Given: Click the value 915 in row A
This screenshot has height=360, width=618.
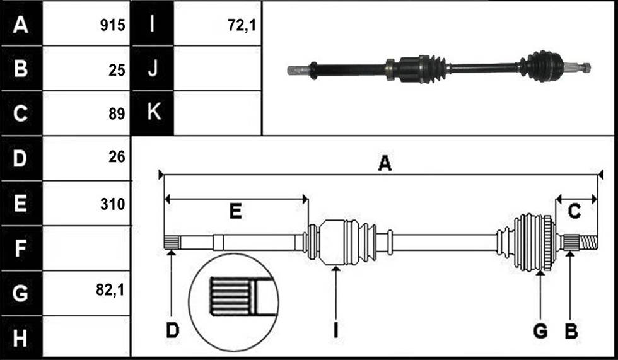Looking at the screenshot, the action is tap(112, 25).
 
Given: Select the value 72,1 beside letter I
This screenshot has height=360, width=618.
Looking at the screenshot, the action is tap(242, 25).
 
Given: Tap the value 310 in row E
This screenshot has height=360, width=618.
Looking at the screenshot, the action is tap(112, 204).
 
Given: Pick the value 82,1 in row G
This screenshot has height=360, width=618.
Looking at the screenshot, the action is tap(110, 290).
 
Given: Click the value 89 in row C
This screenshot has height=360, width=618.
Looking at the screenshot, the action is tap(117, 114).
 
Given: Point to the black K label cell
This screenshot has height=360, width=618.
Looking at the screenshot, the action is tap(153, 113).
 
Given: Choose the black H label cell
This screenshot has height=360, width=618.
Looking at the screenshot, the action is tap(21, 338).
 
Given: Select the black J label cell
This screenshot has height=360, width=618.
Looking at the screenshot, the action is tap(153, 68).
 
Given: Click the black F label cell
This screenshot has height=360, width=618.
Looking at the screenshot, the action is tap(21, 248).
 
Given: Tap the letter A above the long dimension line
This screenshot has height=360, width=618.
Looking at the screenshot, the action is tap(385, 163).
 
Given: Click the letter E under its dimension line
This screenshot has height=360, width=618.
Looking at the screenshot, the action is tap(236, 211).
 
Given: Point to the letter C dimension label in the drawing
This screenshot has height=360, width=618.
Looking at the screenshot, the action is tap(574, 211).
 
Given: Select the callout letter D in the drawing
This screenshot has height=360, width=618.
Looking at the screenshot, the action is tap(173, 330).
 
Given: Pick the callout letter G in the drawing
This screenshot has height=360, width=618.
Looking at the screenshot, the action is tap(540, 330).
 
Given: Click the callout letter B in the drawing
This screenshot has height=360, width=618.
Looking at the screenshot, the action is tap(571, 330).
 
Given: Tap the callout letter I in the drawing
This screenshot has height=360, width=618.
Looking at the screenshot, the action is tap(335, 330).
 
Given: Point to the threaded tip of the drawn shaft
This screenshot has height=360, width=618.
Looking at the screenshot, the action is tap(588, 242).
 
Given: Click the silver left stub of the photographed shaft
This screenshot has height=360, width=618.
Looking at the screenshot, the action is tap(298, 71).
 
